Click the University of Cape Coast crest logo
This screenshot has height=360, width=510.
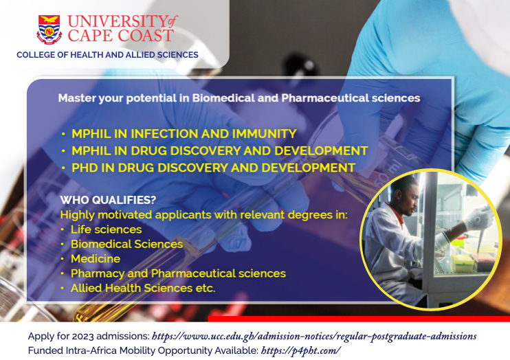[x=49, y=30]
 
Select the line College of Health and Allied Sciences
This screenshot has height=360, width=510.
[x=108, y=55]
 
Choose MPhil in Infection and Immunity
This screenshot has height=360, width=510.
[x=184, y=134]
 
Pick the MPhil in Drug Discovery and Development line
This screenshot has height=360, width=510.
[x=219, y=150]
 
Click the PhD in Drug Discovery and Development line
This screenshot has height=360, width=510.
[x=213, y=168]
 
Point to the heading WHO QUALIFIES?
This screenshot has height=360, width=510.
[x=109, y=200]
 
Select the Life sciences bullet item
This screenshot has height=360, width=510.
[x=107, y=229]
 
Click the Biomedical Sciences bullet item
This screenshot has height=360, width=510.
[x=127, y=244]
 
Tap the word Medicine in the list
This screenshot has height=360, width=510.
[x=96, y=258]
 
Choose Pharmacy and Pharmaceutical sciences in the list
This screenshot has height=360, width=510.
[x=178, y=273]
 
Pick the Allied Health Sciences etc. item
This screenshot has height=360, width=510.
[x=143, y=288]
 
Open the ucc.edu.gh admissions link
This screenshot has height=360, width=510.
[x=314, y=336]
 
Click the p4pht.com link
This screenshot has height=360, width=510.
[x=301, y=350]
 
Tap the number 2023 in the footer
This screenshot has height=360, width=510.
[x=83, y=336]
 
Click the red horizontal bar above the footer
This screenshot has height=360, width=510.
[x=359, y=319]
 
